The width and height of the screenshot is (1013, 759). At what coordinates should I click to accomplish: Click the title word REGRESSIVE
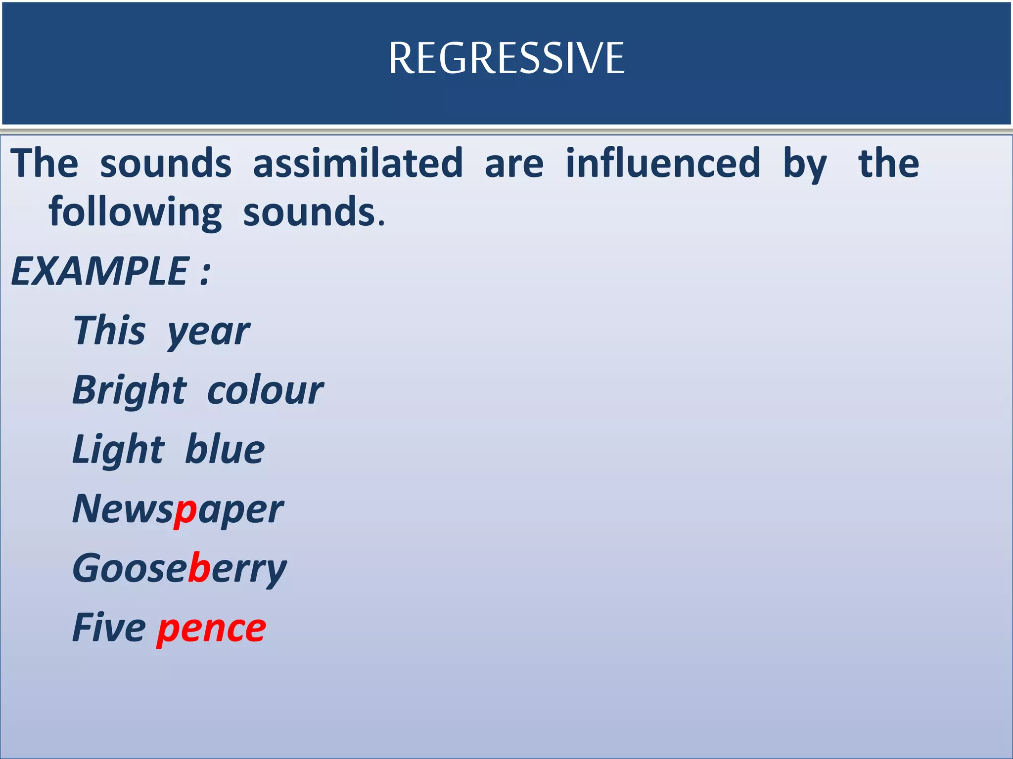point(506,58)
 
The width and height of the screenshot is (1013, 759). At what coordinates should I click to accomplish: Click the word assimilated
point(358,163)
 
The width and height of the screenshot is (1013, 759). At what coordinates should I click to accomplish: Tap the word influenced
point(663,163)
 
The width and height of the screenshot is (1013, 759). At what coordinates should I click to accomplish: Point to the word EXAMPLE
point(99,271)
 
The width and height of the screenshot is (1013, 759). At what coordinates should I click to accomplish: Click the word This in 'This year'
point(109,330)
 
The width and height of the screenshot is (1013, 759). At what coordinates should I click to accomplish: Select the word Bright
point(130,390)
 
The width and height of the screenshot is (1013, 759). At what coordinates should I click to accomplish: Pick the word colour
point(265,390)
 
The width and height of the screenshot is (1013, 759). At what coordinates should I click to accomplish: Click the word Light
point(118,450)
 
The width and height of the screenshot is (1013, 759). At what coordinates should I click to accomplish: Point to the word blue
point(225,450)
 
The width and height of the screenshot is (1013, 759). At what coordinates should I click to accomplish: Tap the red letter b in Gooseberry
point(200,568)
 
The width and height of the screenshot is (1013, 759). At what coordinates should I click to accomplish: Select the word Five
point(109,628)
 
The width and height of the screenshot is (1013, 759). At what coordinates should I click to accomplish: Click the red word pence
point(212,629)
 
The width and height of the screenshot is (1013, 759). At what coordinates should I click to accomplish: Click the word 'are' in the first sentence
point(514,164)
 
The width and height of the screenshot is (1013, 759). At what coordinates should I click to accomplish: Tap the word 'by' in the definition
point(805,166)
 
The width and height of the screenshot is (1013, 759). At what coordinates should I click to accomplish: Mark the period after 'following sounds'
point(381,224)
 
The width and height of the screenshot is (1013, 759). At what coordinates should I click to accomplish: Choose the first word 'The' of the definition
point(45,163)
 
